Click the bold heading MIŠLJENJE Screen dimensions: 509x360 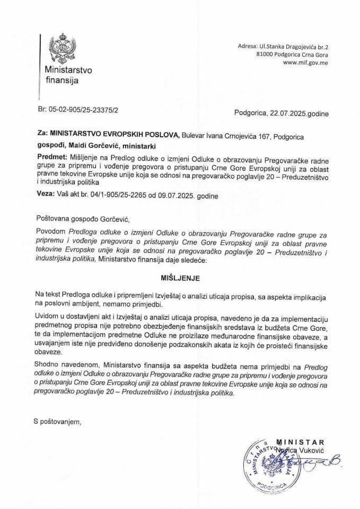(x=179, y=277)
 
